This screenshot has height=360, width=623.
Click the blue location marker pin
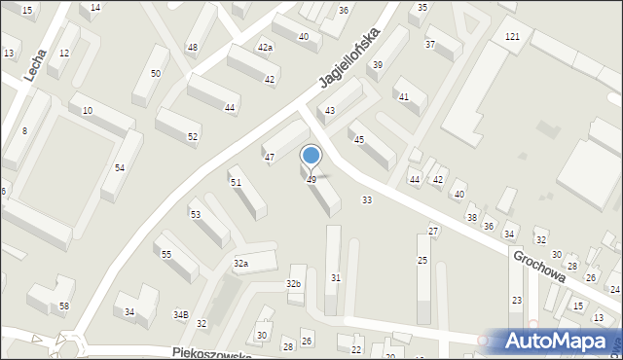[x=311, y=157]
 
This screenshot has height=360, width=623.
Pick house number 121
[x=512, y=36]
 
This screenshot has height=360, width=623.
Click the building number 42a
[x=265, y=47]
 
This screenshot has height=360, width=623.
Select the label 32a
[x=240, y=264]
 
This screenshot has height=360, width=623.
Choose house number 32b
[x=293, y=283]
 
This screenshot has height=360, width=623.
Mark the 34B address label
[x=180, y=314]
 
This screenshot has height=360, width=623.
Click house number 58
[x=64, y=306]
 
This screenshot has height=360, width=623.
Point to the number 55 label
[x=166, y=254]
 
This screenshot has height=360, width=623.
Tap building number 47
[x=270, y=157]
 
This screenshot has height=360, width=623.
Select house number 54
[x=119, y=168]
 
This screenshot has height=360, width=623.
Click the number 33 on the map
[x=367, y=199]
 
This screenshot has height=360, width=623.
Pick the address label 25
[x=422, y=260]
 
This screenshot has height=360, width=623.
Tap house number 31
[x=336, y=278]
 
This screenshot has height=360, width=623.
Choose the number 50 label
[x=156, y=74]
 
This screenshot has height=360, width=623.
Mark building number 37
[x=429, y=45]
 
